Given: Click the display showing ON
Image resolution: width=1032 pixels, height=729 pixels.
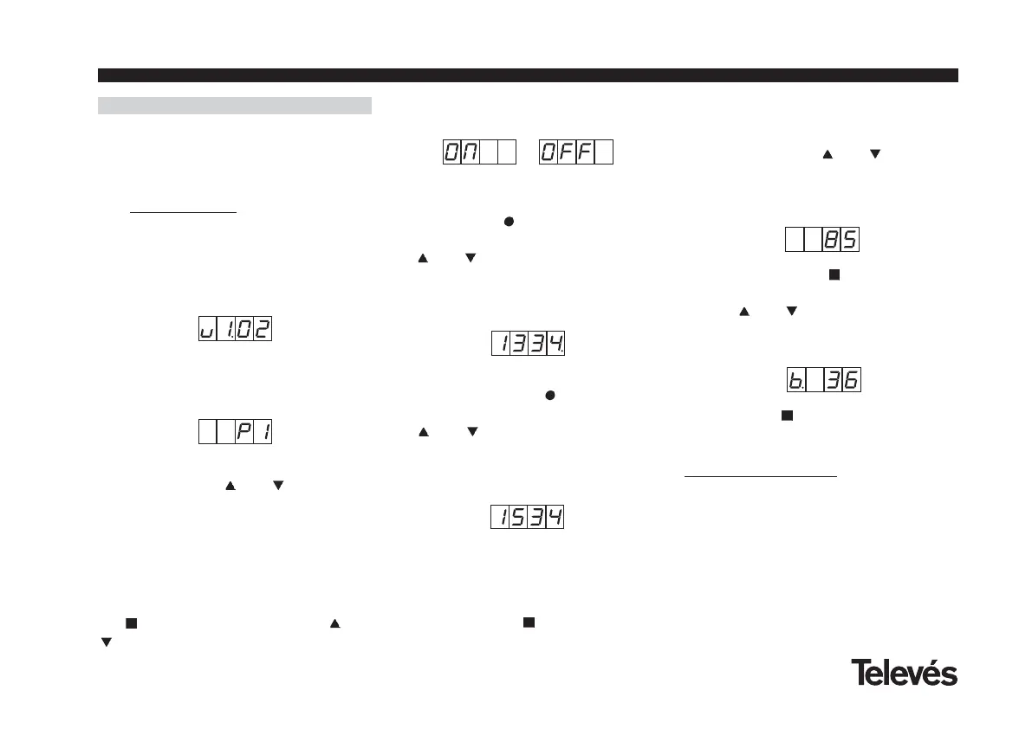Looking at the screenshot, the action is coord(479,152).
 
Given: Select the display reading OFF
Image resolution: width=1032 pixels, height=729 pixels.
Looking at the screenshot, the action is coord(575,152).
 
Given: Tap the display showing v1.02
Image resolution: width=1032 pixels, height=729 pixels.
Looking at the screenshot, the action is coord(235,330).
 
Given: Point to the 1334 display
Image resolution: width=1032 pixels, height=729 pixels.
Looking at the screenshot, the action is coord(529,344).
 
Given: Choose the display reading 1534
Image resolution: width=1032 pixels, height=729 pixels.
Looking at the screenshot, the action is coord(527,518).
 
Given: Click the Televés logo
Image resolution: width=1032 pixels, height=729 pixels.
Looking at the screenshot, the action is coord(904,673).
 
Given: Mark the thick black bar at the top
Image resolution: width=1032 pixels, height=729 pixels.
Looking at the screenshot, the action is coord(528,75).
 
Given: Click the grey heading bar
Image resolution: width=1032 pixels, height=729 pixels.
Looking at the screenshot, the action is coord(235,106).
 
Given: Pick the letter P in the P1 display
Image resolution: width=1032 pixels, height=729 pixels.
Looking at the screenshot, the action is coord(243,432).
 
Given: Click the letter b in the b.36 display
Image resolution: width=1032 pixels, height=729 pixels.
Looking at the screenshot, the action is coord(795,379).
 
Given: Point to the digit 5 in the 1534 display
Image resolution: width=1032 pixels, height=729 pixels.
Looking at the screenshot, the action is coord(518,518).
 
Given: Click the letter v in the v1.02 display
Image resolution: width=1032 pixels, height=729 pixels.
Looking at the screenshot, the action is coord(207,330).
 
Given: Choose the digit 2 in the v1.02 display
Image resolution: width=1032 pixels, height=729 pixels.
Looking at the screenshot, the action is coord(263,330).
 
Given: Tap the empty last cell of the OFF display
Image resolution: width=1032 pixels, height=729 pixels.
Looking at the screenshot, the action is coord(605,152).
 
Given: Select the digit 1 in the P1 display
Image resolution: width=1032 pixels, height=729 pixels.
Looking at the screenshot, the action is coord(263,432).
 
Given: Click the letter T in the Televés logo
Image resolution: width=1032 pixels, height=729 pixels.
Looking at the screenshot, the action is coord(860,673).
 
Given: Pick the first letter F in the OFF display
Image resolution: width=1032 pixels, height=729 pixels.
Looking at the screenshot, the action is coord(567,152).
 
